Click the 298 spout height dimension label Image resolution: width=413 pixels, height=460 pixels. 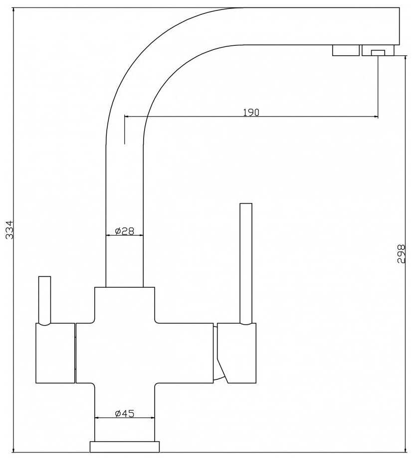click(x=401, y=254)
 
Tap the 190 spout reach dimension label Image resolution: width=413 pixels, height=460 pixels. click(x=251, y=113)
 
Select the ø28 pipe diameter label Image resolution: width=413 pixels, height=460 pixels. click(x=125, y=231)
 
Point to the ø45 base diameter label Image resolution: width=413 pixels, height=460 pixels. click(x=125, y=414)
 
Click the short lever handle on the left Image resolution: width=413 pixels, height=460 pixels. click(x=45, y=300)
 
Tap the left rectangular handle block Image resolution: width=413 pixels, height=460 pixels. click(x=55, y=353)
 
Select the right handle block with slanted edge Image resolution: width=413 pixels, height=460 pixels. click(x=236, y=353)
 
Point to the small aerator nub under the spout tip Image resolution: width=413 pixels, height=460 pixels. click(x=378, y=53)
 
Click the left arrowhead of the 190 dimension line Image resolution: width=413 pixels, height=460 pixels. click(x=127, y=117)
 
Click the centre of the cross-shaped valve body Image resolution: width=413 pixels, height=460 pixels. click(x=125, y=353)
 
